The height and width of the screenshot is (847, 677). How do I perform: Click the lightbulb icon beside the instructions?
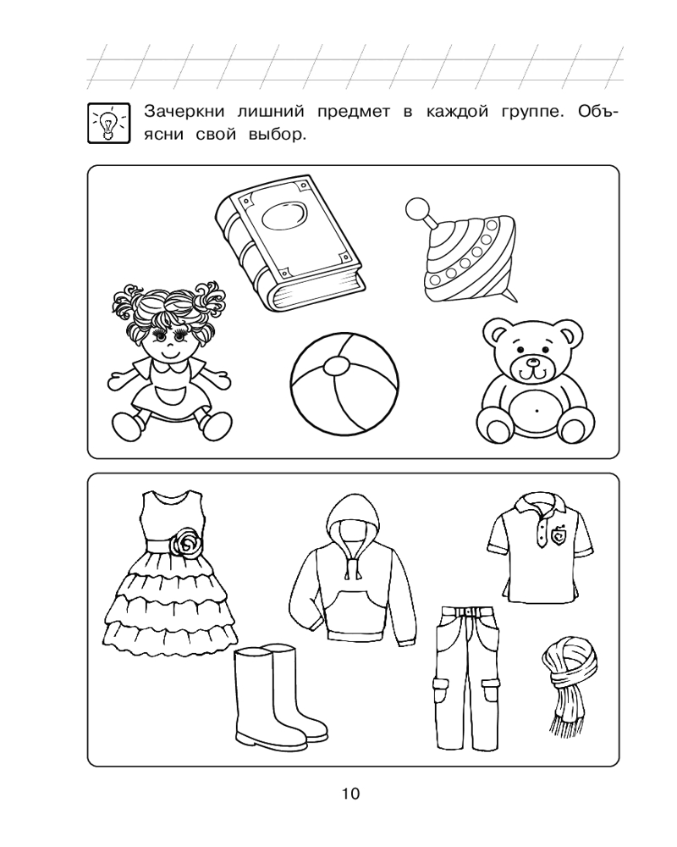tap(109, 123)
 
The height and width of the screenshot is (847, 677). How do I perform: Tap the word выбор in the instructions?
tap(277, 134)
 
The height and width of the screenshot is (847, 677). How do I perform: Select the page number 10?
tap(350, 794)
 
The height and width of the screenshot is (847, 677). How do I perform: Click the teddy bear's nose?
tap(533, 362)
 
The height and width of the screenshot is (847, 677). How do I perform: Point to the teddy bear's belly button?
tap(537, 411)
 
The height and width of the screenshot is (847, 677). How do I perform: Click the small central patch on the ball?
tap(336, 366)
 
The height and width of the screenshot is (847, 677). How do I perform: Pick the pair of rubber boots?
tap(278, 693)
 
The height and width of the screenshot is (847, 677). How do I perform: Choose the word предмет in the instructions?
tap(354, 113)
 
